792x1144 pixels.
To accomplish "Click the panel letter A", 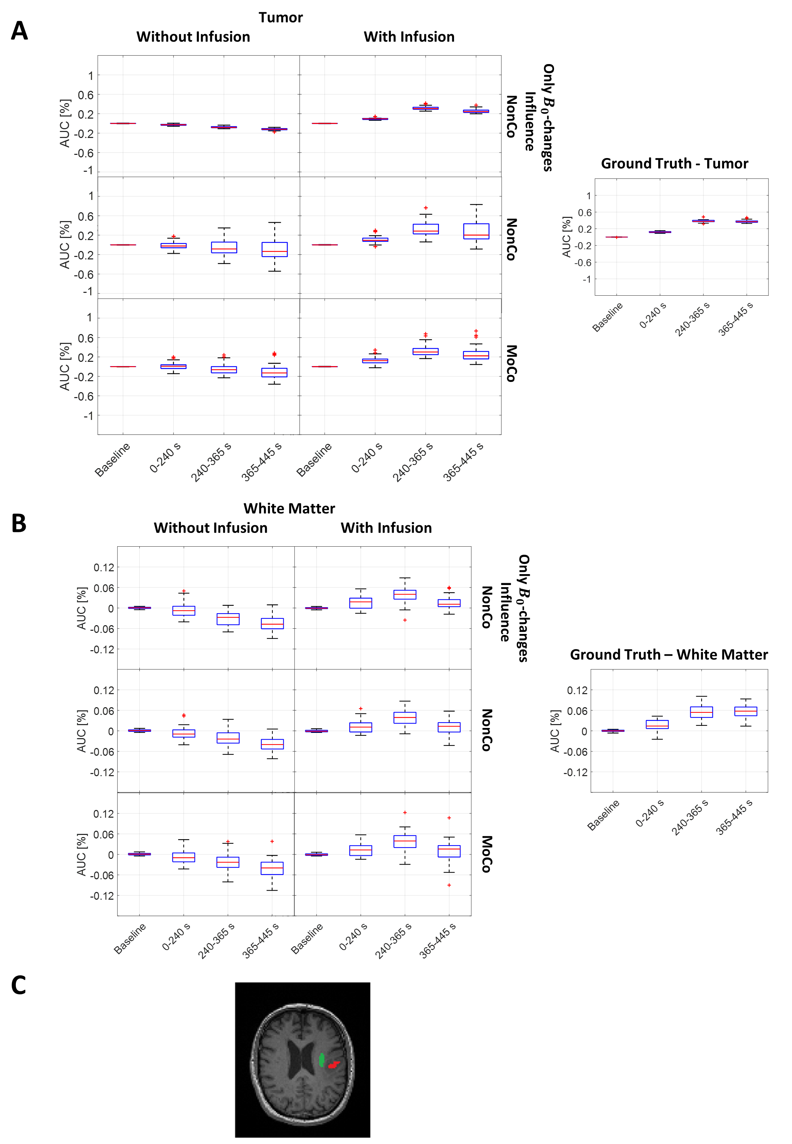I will [x=19, y=31].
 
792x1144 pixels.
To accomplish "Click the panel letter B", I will [x=19, y=523].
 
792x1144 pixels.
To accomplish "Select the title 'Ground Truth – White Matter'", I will [x=668, y=655].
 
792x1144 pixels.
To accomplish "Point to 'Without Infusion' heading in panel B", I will [x=210, y=528].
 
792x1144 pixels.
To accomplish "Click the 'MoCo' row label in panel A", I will [x=511, y=363].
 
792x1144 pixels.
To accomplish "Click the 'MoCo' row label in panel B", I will [x=487, y=854].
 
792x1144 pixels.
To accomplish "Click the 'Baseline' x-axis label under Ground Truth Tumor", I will [x=608, y=317].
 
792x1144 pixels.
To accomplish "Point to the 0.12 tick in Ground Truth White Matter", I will [x=577, y=690].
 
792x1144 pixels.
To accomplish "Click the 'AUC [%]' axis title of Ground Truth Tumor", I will [x=566, y=237].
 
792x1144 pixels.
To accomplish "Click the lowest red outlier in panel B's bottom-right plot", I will [x=449, y=885].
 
